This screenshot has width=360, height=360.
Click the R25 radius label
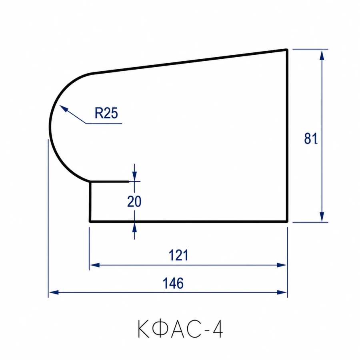(106, 113)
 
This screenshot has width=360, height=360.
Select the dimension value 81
(311, 138)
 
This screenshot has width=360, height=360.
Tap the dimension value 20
(134, 201)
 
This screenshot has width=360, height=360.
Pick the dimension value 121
(179, 255)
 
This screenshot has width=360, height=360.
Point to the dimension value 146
(173, 283)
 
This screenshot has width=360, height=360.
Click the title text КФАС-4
(180, 329)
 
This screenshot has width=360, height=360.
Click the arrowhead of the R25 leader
(64, 108)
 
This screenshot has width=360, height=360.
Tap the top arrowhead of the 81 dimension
(322, 55)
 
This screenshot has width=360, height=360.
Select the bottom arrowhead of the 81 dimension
(322, 216)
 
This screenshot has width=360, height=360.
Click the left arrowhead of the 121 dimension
(94, 265)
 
